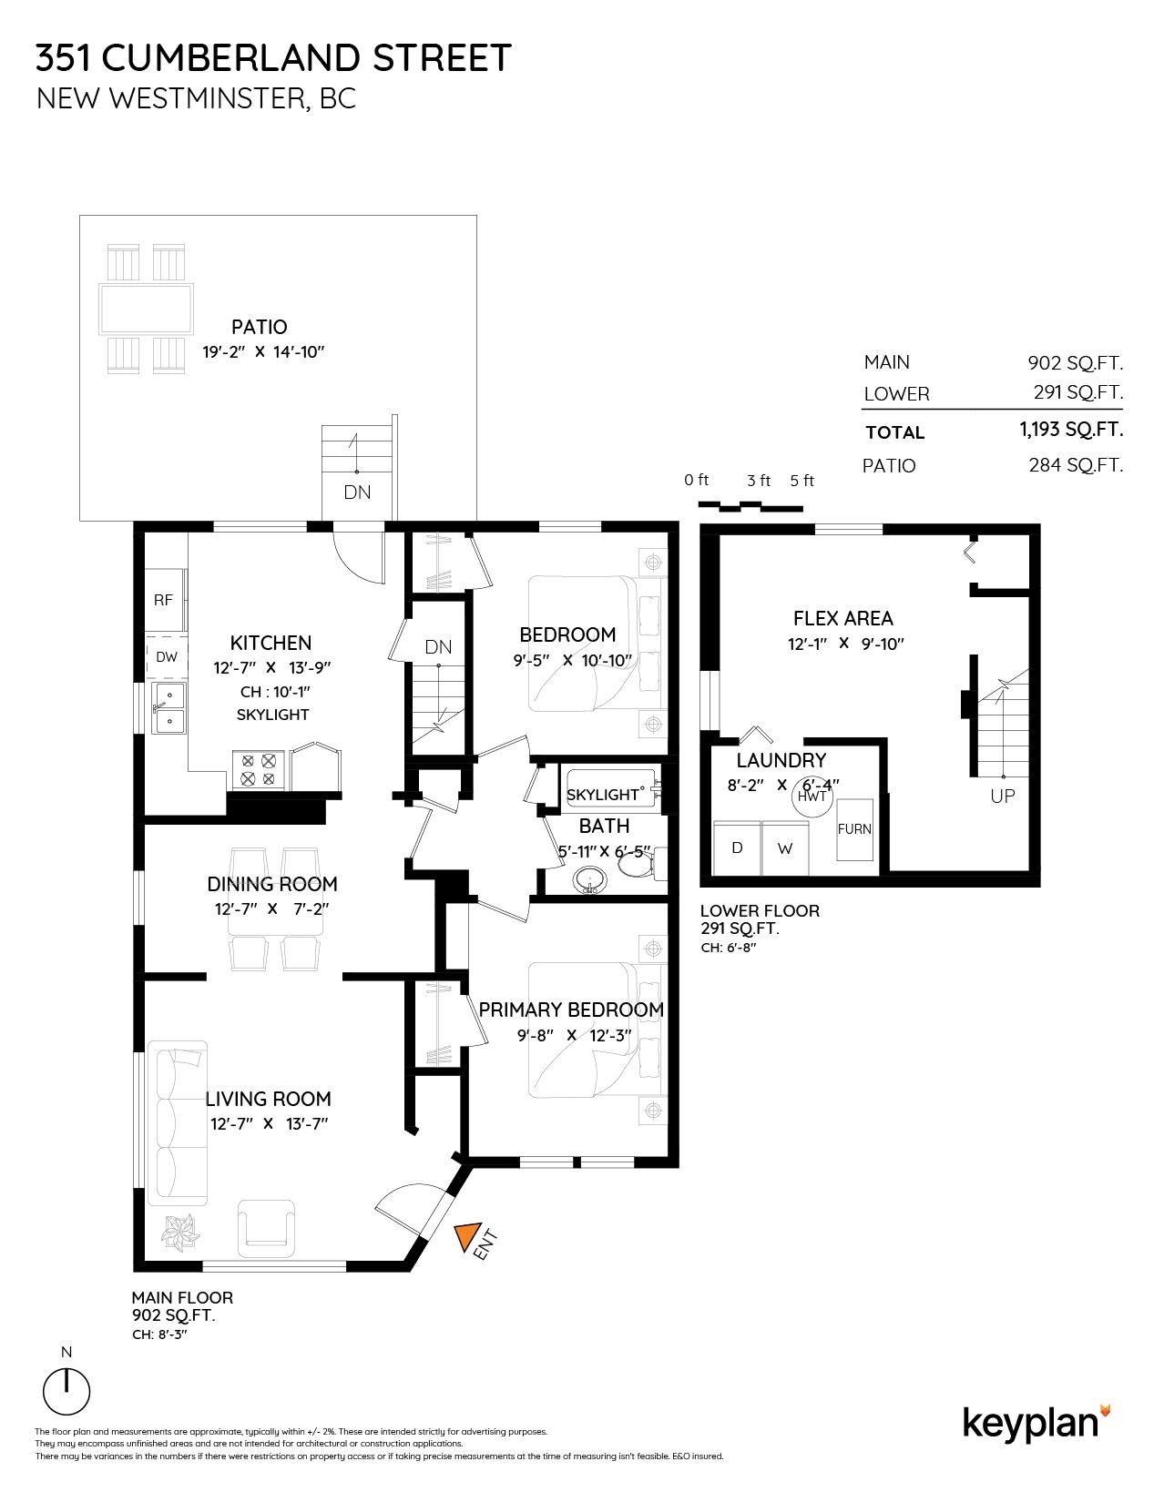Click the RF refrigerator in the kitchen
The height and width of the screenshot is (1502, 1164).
(x=165, y=600)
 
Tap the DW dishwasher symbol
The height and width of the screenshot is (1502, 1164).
(x=167, y=656)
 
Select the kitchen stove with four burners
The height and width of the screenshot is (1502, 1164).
(x=259, y=769)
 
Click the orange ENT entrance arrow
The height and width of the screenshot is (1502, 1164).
(x=466, y=1235)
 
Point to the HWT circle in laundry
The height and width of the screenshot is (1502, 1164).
(x=812, y=796)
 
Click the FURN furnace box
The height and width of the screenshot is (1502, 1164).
(x=854, y=828)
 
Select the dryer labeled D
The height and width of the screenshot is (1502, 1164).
(x=737, y=847)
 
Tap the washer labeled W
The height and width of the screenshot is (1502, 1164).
(x=785, y=847)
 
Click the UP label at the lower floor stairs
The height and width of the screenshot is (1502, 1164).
(x=1003, y=796)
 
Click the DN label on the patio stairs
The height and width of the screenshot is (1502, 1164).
(x=357, y=492)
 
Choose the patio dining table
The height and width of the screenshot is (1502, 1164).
(x=147, y=309)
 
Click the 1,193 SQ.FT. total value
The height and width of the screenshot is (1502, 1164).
(x=1071, y=430)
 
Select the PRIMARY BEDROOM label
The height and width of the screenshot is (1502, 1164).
(x=571, y=1010)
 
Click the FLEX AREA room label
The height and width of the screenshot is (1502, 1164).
(x=842, y=619)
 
